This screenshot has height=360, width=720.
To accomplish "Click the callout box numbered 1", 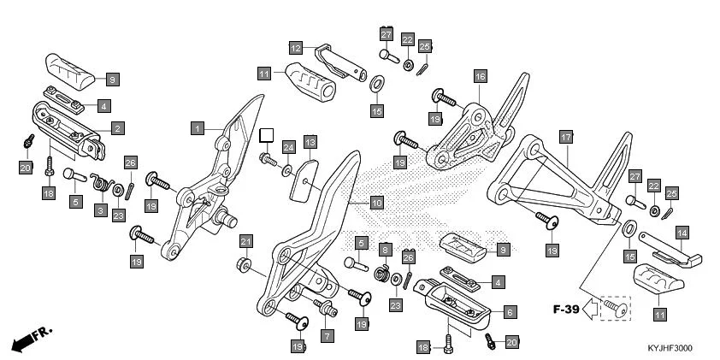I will point(197,127).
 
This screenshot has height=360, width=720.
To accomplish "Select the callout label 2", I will point(117,127).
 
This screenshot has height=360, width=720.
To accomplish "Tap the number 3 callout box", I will point(101,210).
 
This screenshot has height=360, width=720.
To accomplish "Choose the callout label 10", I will point(376,203).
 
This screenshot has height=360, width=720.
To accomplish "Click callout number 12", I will point(295,48).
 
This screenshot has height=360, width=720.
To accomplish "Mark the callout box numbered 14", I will point(682,232).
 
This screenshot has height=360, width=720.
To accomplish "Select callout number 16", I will point(479,76).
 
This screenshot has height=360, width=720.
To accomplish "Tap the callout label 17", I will point(565,137).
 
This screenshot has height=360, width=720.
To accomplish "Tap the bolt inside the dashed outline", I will point(613,305).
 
